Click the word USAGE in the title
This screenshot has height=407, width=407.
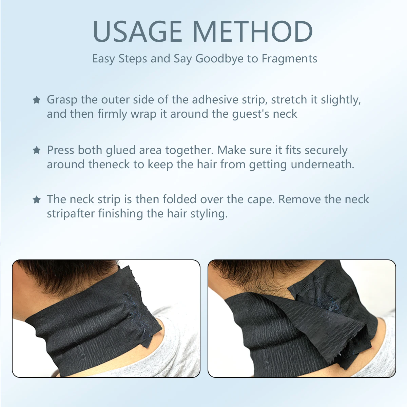click(137, 31)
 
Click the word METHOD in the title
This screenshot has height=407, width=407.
click(253, 31)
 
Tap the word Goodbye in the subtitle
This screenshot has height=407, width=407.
click(219, 59)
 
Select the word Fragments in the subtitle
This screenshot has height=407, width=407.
click(289, 59)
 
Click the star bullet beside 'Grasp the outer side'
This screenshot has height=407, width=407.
click(37, 100)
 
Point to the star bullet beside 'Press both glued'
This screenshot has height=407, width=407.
click(37, 150)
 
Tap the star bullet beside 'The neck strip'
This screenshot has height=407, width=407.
click(37, 199)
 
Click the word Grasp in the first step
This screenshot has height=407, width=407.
click(62, 100)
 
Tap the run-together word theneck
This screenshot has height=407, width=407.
click(109, 164)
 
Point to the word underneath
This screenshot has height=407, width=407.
click(323, 164)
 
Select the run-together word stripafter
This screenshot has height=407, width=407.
click(71, 214)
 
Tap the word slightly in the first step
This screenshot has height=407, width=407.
click(341, 100)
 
